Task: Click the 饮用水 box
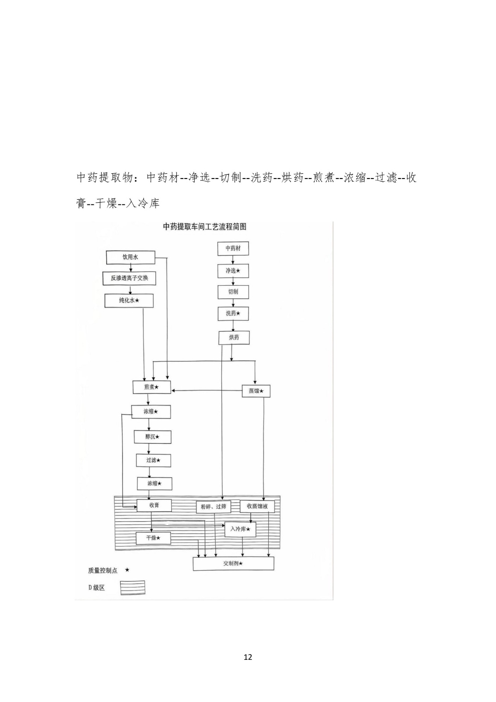[130, 257]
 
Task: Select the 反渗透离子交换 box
[129, 278]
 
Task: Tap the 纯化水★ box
[129, 301]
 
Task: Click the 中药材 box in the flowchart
[233, 248]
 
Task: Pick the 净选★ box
[233, 271]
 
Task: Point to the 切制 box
[233, 292]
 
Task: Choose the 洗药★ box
[233, 313]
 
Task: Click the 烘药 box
[234, 337]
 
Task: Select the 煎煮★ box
[151, 387]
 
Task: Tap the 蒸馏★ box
[256, 390]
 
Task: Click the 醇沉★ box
[152, 437]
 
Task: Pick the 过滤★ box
[153, 460]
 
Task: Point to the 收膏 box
[154, 505]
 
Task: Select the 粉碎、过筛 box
[213, 507]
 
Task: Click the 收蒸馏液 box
[260, 506]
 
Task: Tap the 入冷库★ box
[240, 529]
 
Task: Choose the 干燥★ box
[153, 538]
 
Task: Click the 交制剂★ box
[233, 563]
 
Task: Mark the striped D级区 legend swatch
[132, 587]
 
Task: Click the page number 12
[248, 657]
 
